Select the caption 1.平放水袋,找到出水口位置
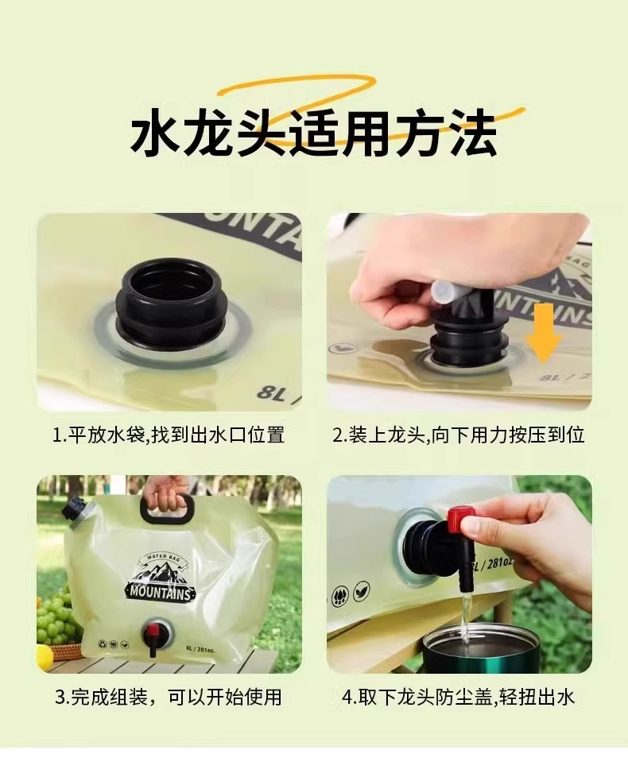[169, 435]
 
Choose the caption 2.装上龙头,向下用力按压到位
[459, 435]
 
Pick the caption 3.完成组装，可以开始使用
[169, 698]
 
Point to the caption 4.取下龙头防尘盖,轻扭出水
[459, 698]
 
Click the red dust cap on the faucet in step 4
[460, 520]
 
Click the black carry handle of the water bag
[166, 508]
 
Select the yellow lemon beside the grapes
[45, 655]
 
